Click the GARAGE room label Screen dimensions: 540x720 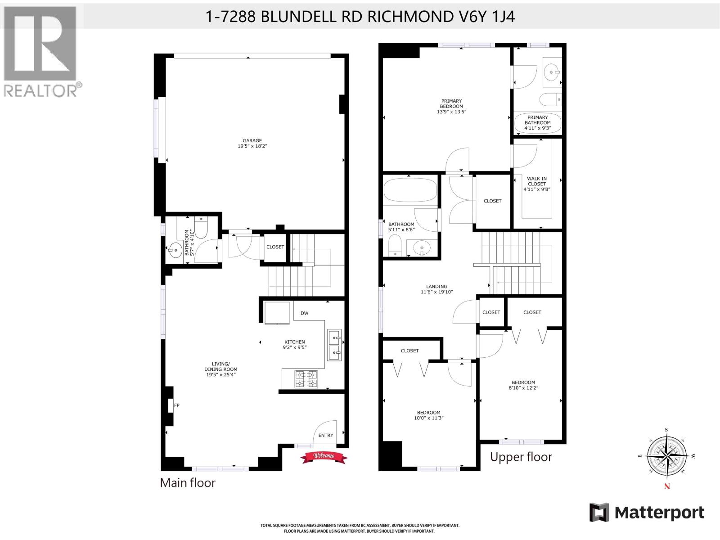click(x=252, y=143)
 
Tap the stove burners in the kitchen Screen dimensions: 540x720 click(x=306, y=378)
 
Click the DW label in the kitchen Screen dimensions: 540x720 click(x=305, y=313)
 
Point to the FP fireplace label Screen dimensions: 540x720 click(x=177, y=405)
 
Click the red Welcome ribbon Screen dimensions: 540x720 click(x=324, y=456)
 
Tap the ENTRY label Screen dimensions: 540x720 click(x=326, y=435)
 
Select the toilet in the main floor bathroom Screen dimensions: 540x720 click(x=201, y=228)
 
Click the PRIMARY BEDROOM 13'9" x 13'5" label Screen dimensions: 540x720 click(x=451, y=106)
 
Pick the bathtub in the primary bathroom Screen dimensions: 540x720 click(x=538, y=122)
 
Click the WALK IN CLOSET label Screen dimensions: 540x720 click(x=537, y=184)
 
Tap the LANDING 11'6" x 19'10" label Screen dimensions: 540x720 click(x=436, y=289)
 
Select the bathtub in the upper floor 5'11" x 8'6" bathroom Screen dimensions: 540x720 click(x=410, y=190)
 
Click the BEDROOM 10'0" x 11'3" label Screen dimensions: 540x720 click(x=428, y=415)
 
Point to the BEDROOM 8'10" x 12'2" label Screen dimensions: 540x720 click(x=523, y=385)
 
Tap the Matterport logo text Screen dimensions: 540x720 click(x=659, y=513)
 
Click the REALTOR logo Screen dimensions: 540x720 click(x=41, y=52)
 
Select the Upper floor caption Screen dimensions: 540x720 click(x=521, y=457)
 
